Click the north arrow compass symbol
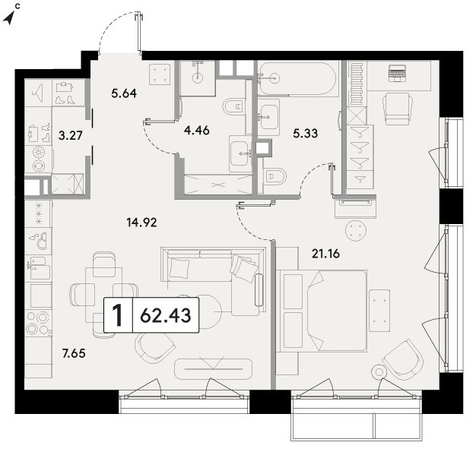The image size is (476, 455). point(10,17)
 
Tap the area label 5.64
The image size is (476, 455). point(124,93)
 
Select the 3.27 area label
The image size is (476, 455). point(71,135)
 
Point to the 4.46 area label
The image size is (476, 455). point(197,131)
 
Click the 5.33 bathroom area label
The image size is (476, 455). point(306,133)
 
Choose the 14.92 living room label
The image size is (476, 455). point(141,223)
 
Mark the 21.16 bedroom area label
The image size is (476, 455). point(325,253)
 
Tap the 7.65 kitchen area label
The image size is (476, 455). point(74,353)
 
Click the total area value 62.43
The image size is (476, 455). point(166,315)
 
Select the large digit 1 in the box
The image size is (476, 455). point(118,315)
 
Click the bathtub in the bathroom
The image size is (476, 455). point(297,78)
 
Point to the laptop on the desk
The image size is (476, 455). point(397,73)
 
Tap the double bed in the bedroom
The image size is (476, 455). point(322,311)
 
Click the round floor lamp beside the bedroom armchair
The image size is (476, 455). point(379,372)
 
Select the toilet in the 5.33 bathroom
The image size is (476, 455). point(275,176)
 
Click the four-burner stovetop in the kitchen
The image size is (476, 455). point(38,322)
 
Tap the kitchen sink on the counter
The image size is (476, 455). point(39,268)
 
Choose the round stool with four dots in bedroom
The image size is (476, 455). point(356,230)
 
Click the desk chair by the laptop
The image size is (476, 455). point(398,109)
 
